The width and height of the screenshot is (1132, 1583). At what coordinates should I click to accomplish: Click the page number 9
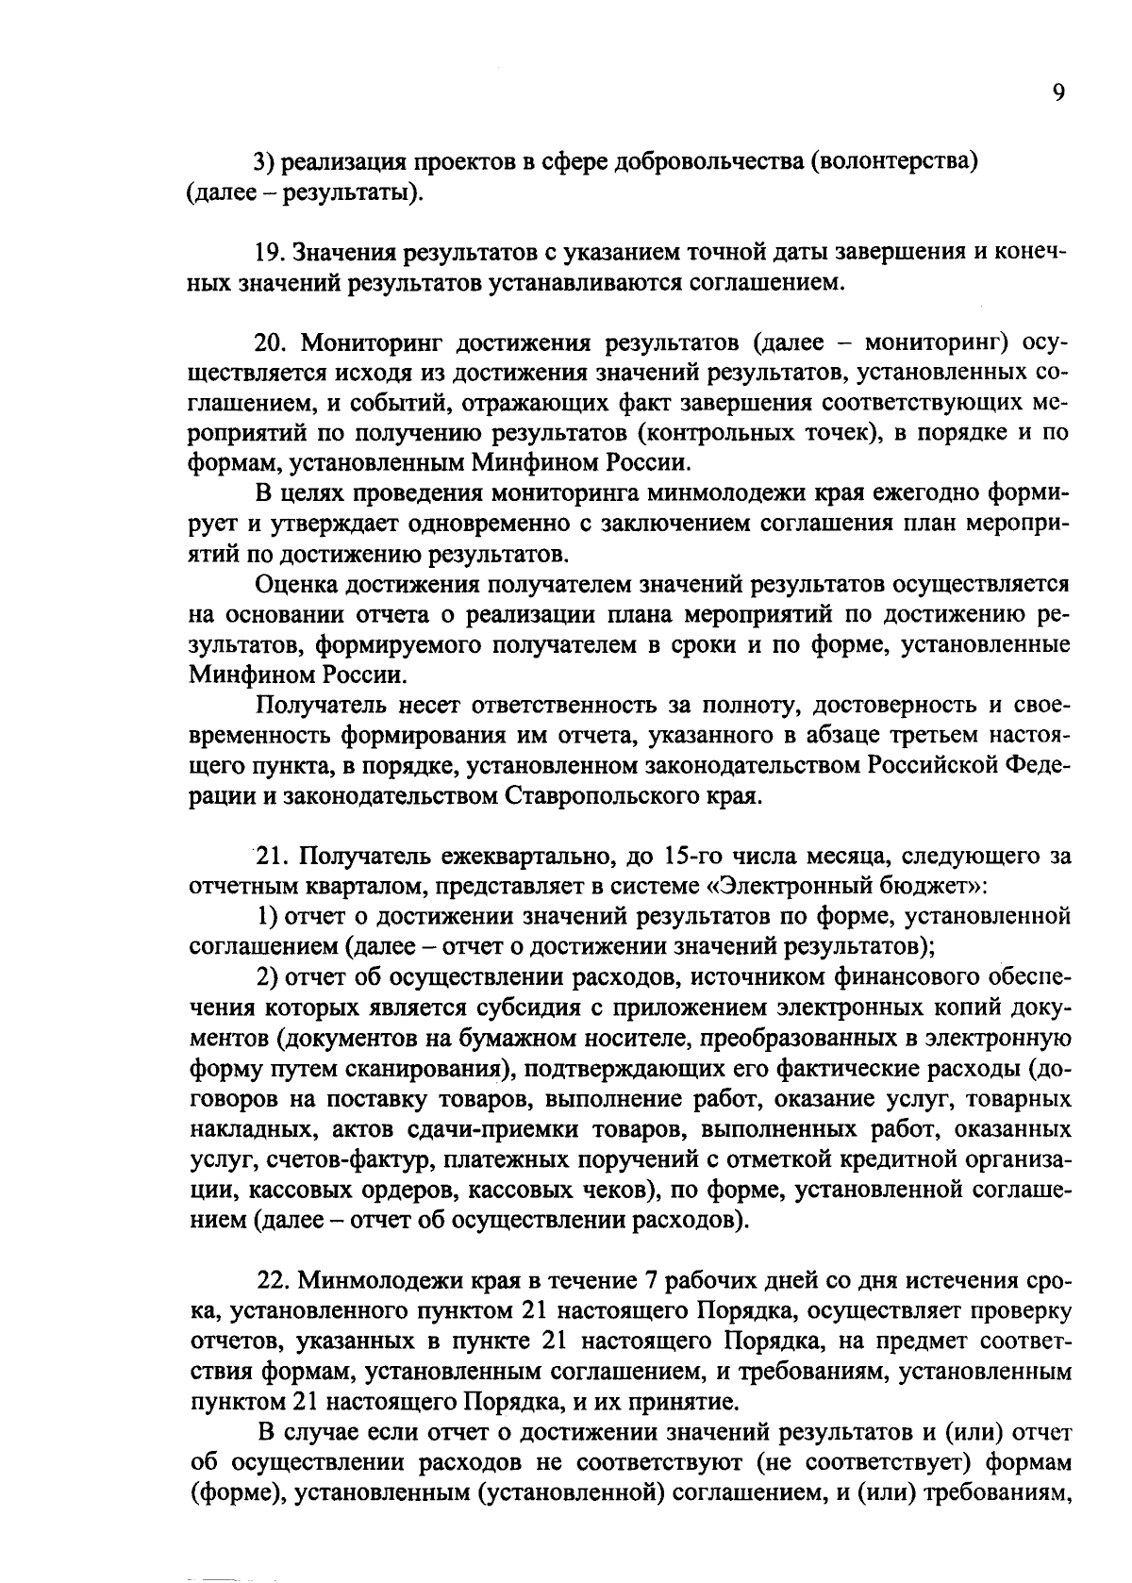(x=1058, y=94)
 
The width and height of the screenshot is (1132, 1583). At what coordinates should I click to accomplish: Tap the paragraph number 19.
(x=272, y=253)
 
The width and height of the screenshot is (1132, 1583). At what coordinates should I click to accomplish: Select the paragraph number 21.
(x=273, y=857)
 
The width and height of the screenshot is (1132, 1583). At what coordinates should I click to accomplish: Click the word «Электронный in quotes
(x=792, y=887)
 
